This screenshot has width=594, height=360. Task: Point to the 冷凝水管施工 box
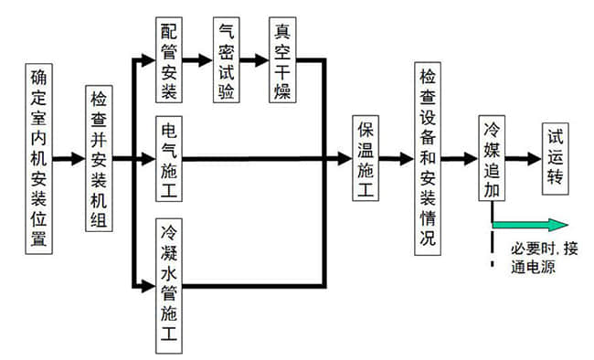pos(168,286)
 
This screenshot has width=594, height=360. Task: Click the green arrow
pos(530,225)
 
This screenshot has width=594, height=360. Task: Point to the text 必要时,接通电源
pos(543,258)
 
